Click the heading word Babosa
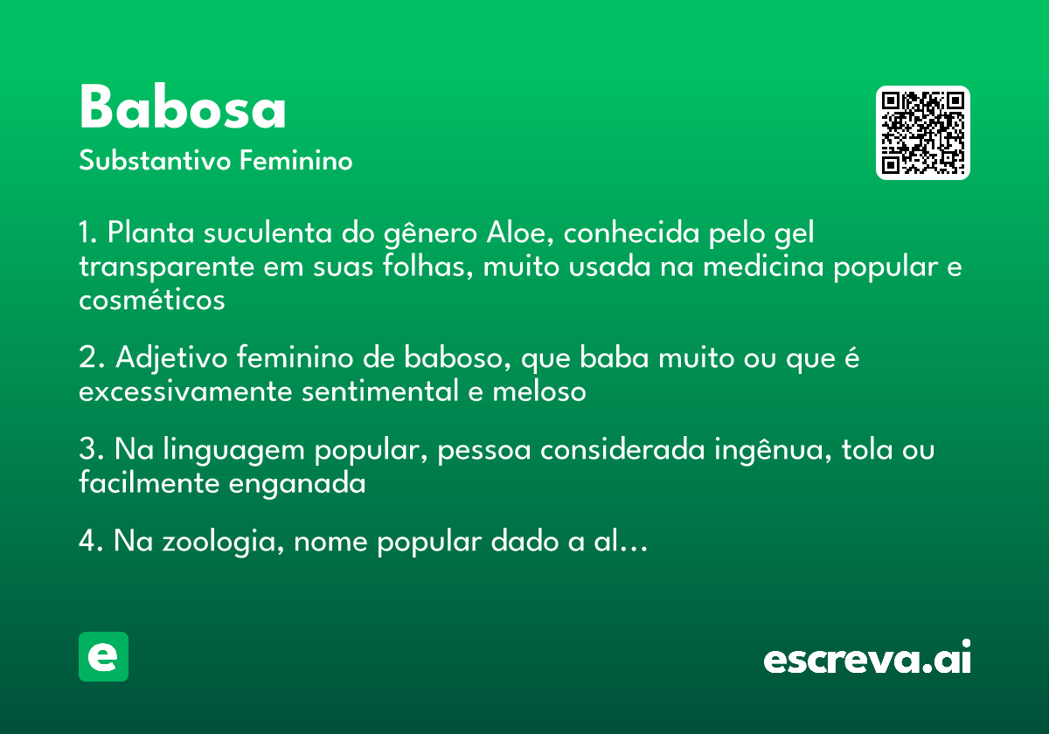[183, 108]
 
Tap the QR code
[923, 133]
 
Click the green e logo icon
[103, 656]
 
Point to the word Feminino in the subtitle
[296, 162]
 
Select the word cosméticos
[152, 300]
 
